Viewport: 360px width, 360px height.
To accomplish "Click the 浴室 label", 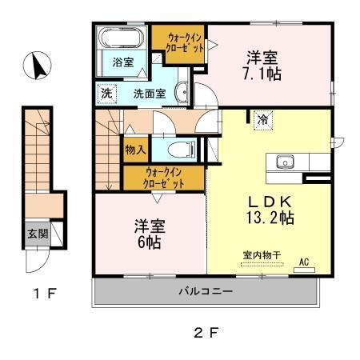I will click(122, 62).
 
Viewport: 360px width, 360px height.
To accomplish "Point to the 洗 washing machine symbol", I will click(107, 93).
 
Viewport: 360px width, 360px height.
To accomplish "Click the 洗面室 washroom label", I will click(149, 93).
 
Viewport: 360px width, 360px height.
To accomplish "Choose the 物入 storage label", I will click(135, 150).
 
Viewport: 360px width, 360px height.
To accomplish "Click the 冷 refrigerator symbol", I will click(262, 120).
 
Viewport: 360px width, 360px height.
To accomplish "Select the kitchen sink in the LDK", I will click(286, 163).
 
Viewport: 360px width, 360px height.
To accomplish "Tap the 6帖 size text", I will click(149, 240).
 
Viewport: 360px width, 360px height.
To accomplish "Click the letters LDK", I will click(267, 200).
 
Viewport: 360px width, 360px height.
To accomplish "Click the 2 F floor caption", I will click(206, 331).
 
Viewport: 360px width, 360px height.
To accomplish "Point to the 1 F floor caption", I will click(45, 293).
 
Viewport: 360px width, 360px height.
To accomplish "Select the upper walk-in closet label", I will click(185, 42).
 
